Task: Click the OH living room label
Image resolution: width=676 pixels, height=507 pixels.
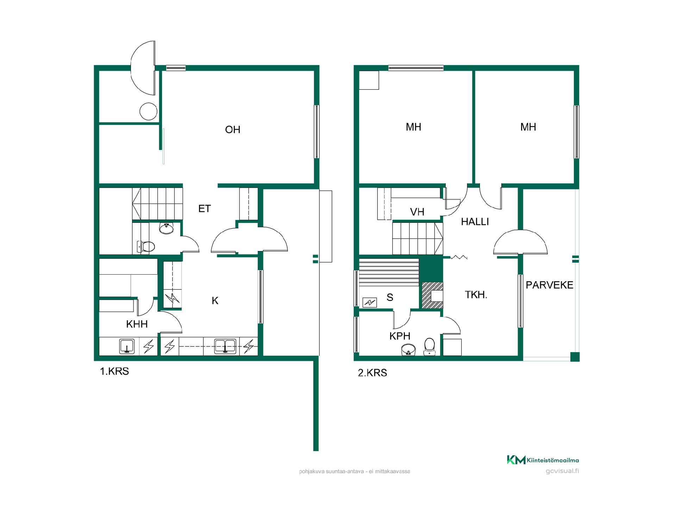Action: (232, 130)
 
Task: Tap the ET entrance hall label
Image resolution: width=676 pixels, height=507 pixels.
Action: (205, 209)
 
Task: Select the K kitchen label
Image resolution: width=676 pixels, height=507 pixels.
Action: (215, 301)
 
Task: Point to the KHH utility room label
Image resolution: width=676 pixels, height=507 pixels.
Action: (137, 324)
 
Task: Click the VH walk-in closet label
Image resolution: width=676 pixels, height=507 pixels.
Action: (417, 212)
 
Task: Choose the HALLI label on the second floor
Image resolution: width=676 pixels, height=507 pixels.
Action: (475, 222)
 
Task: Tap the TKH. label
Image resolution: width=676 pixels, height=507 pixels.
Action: (476, 295)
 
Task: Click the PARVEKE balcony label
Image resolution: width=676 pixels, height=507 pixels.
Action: (550, 285)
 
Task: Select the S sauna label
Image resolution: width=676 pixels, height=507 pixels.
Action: (390, 298)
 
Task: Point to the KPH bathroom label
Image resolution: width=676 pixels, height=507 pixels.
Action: (400, 336)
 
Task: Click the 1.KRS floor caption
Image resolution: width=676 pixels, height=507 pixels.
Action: (115, 371)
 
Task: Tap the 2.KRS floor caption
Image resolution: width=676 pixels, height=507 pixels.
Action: (373, 373)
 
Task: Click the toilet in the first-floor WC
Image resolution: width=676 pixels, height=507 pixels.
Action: (146, 246)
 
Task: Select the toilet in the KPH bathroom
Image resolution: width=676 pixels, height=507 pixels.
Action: (430, 346)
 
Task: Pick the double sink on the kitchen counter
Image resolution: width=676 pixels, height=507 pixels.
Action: (225, 346)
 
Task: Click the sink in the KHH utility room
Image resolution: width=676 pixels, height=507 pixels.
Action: (126, 346)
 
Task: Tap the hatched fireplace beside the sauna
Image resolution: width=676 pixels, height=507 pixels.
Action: (432, 296)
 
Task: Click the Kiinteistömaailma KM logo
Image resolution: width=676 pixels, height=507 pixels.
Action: (543, 460)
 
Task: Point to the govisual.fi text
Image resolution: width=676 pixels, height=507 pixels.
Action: (562, 471)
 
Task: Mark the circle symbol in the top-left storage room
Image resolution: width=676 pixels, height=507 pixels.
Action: (148, 111)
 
